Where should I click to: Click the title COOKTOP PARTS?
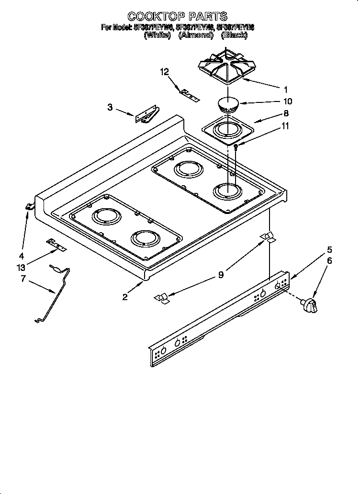pyautogui.click(x=177, y=17)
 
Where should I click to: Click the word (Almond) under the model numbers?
pyautogui.click(x=195, y=35)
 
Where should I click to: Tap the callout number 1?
pyautogui.click(x=286, y=89)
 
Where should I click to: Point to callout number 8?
pyautogui.click(x=286, y=114)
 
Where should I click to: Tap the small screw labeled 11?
pyautogui.click(x=236, y=146)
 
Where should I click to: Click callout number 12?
pyautogui.click(x=165, y=72)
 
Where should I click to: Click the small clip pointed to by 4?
pyautogui.click(x=30, y=206)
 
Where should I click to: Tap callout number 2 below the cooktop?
pyautogui.click(x=125, y=297)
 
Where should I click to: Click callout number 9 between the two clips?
pyautogui.click(x=221, y=275)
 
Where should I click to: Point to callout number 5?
pyautogui.click(x=329, y=249)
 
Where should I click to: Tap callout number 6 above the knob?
pyautogui.click(x=329, y=261)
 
